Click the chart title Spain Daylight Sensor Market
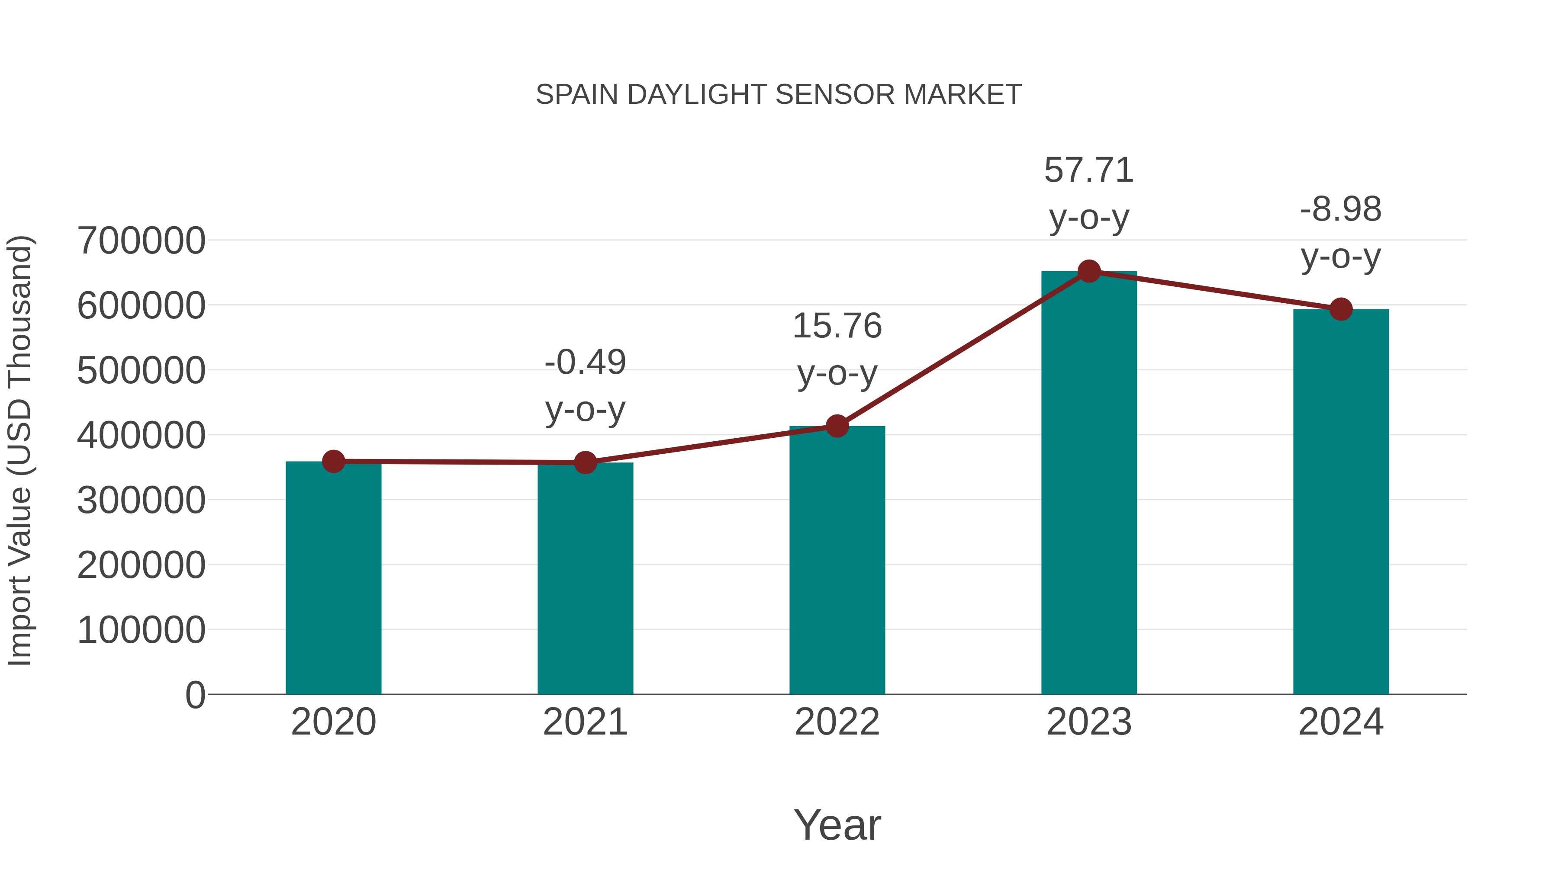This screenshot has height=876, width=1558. (779, 95)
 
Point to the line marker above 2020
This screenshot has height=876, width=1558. (333, 462)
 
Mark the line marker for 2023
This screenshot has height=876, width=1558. (1089, 271)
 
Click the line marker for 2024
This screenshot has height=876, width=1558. (1341, 310)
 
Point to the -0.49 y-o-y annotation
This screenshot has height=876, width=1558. (585, 386)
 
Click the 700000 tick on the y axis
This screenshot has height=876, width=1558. (141, 241)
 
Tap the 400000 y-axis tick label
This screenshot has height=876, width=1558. (141, 435)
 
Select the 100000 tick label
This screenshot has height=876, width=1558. (141, 630)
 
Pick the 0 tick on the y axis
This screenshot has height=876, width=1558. (195, 695)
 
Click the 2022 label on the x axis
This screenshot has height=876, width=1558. (837, 722)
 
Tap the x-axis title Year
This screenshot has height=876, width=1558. (837, 825)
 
